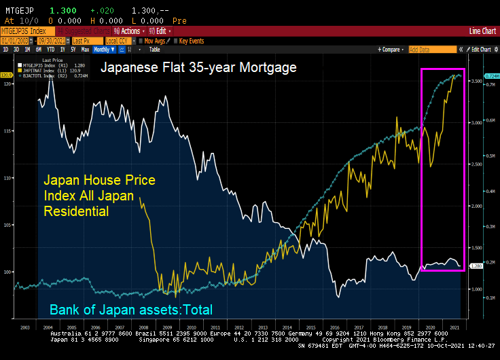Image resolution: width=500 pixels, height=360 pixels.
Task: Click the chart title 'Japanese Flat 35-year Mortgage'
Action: point(198,69)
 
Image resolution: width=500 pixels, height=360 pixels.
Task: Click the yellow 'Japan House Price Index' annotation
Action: point(99,196)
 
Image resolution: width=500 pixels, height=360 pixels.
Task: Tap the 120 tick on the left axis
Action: point(7,84)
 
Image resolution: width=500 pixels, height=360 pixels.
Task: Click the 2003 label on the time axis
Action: point(25,327)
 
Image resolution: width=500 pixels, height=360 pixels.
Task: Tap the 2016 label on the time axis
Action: point(336,327)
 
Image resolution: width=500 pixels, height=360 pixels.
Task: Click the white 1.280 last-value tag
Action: point(476,266)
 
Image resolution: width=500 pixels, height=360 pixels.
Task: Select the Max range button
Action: point(85,50)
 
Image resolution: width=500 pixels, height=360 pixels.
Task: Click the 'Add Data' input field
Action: point(432,50)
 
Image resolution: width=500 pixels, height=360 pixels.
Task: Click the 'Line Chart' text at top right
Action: point(483,31)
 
